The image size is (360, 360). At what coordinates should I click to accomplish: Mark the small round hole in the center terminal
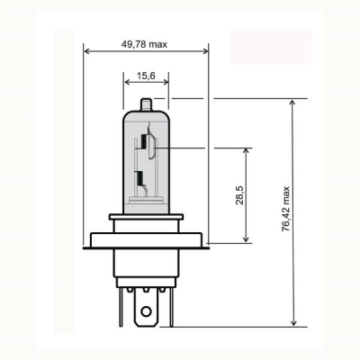(x=145, y=315)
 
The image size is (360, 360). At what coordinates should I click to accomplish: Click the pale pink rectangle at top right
(x=271, y=47)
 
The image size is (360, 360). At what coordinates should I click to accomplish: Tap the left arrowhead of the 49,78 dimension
(x=87, y=50)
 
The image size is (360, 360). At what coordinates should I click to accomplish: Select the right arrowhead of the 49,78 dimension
(x=204, y=50)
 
